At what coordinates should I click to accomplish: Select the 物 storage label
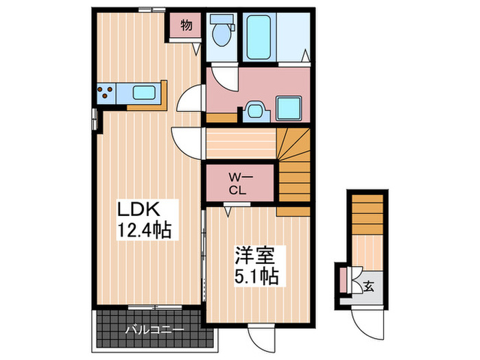pos(186,26)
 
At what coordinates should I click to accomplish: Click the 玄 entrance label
pos(369,286)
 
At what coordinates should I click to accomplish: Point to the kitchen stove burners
pos(106,92)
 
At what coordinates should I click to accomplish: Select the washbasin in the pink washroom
pos(255,110)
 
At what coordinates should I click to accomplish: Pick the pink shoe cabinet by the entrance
pos(343,279)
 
